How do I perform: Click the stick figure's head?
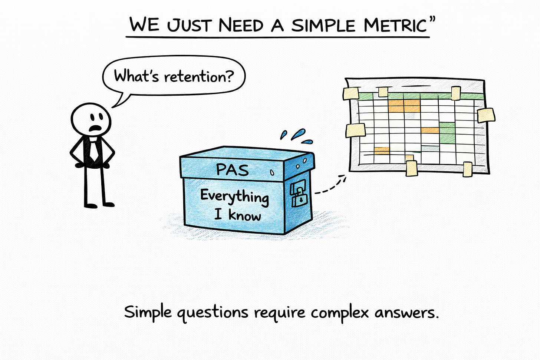tap(91, 120)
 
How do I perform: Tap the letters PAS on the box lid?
tap(232, 170)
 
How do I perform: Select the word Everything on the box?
tap(234, 196)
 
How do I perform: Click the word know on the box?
tap(244, 215)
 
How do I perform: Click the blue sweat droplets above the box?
tap(296, 136)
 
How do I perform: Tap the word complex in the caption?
tap(340, 312)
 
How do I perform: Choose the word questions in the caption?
tap(212, 313)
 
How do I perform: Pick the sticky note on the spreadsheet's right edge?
tap(486, 115)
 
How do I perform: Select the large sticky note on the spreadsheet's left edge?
tap(356, 131)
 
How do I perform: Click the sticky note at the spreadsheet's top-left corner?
tap(351, 93)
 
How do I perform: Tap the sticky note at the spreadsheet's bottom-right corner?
tap(468, 169)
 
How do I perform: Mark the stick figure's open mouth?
tap(96, 129)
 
